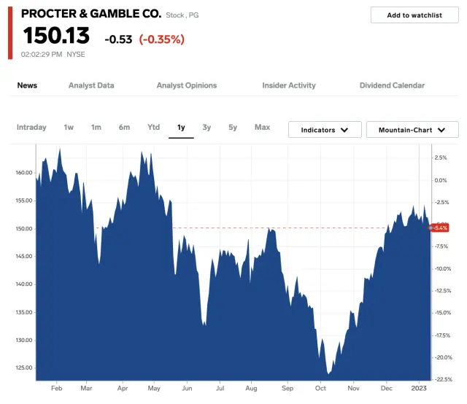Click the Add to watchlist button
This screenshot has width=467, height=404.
[x=414, y=15]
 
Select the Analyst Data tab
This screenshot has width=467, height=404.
[x=91, y=85]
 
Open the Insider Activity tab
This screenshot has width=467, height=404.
[x=289, y=85]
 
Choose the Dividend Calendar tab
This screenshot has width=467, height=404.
[x=392, y=85]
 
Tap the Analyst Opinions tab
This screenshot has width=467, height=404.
[x=187, y=85]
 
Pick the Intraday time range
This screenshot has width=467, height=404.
[x=31, y=128]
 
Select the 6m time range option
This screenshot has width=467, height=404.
[x=124, y=128]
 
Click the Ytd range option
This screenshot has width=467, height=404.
[x=153, y=128]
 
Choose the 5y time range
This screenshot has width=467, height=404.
[x=233, y=128]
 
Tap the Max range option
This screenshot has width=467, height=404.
[x=262, y=128]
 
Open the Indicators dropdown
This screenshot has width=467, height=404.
[x=325, y=130]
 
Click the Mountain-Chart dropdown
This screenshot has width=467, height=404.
[x=412, y=130]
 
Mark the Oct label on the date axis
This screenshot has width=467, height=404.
[x=320, y=388]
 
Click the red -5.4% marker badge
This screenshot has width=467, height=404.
[x=440, y=228]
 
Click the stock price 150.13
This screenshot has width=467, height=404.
[x=56, y=36]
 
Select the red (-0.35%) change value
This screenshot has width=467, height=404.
[x=162, y=39]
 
